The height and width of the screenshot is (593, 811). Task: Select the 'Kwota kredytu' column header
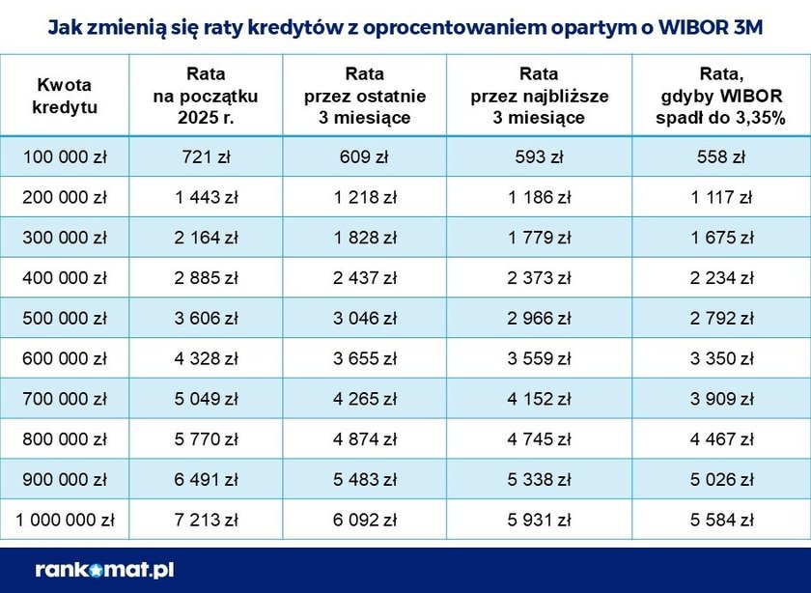coord(65,96)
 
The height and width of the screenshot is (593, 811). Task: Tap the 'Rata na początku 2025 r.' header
coord(205,96)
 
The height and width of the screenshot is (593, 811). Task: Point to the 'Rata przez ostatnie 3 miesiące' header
coord(364,96)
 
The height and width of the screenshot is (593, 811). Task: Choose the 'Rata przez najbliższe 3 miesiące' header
coord(539,96)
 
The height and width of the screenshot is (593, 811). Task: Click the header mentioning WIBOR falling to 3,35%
coord(720,96)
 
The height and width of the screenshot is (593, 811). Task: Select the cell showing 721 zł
coord(205,157)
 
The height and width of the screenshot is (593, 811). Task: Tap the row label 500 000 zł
coord(65,318)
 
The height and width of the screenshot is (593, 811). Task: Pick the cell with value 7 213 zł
coord(205,521)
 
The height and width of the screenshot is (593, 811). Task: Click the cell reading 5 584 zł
coord(720,521)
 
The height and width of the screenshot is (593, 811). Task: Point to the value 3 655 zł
coord(364,358)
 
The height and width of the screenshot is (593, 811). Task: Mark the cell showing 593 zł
coord(539,157)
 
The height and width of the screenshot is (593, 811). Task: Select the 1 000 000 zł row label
coord(65,521)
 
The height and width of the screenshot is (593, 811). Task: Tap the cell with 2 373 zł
coord(539,278)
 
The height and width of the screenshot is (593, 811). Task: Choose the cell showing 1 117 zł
coord(720,197)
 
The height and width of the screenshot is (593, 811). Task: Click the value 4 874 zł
coord(364,439)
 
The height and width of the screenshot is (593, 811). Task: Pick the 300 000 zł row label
coord(65,238)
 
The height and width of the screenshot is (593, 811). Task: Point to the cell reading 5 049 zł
coord(205,399)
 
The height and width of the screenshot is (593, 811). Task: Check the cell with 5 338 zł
coord(539,480)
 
